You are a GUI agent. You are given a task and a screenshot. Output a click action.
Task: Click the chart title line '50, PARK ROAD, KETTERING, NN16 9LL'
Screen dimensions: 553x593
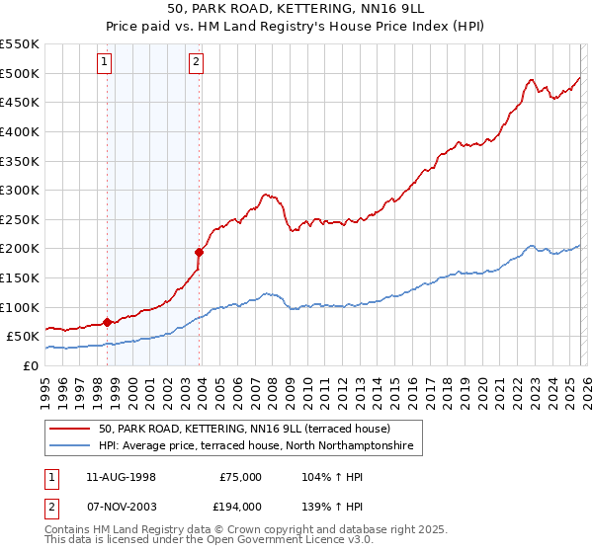click(x=296, y=10)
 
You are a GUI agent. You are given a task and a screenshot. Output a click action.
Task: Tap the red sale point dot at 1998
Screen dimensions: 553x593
click(x=107, y=321)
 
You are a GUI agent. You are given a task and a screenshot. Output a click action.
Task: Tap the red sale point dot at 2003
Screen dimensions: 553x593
click(x=199, y=252)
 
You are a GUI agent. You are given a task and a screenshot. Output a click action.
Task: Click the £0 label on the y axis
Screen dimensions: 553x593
click(x=30, y=365)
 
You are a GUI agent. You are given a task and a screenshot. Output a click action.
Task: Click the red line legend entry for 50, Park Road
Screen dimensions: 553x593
click(x=244, y=429)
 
